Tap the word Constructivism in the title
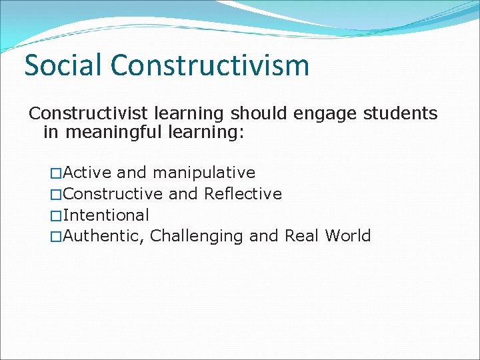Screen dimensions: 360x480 (x=210, y=65)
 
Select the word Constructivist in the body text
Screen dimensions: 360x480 (x=77, y=113)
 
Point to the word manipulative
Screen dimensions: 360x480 (x=204, y=173)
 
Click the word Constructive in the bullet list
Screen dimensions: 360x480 (x=113, y=194)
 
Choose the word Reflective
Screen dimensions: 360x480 (x=243, y=194)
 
